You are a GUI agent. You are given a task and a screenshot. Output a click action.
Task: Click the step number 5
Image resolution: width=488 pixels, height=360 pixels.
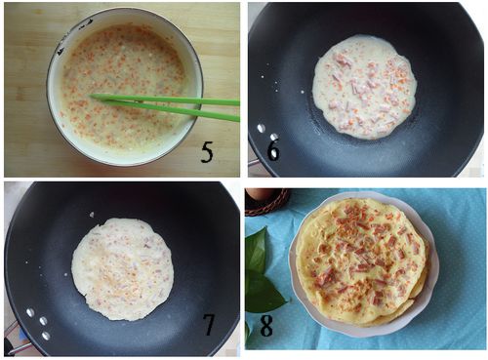[207, 152]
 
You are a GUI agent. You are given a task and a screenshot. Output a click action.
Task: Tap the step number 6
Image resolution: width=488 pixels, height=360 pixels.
[273, 150]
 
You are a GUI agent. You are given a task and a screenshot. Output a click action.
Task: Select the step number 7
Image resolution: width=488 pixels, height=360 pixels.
[209, 325]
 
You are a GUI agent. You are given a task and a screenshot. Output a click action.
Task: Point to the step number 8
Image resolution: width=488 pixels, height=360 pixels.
[266, 326]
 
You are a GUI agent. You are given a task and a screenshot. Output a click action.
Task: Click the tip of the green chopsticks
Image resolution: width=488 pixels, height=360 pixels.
[91, 96]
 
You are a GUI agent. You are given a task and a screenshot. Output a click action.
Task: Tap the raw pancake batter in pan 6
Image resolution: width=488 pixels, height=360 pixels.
[364, 87]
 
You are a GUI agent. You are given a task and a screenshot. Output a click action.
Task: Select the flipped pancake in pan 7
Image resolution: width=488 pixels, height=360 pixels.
[122, 268]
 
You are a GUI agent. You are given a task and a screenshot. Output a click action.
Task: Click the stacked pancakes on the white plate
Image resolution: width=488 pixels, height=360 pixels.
[362, 261]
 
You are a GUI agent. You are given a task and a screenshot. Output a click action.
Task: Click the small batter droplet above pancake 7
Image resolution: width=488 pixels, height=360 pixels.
[92, 215]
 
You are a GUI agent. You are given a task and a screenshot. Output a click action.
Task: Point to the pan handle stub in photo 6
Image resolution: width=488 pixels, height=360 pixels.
[253, 162]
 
